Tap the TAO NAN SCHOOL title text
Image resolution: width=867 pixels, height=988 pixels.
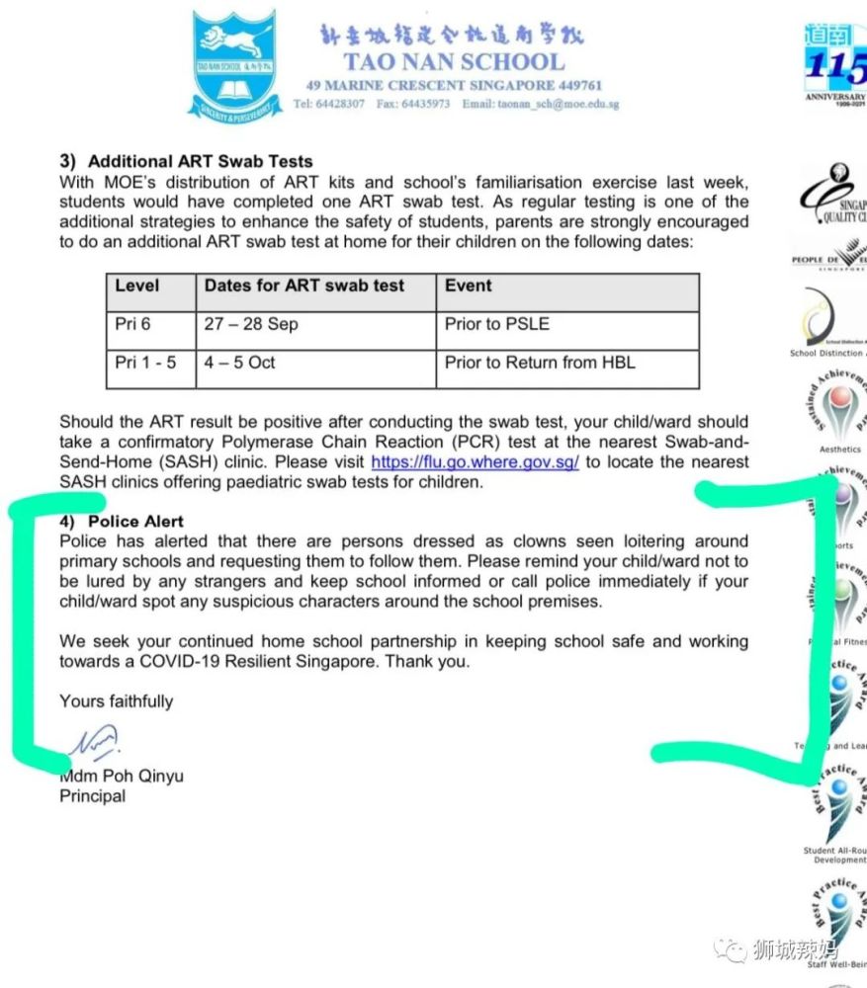click(x=454, y=61)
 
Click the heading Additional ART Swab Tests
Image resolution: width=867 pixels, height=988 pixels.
click(x=200, y=161)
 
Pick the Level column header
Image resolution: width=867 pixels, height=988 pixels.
click(x=137, y=286)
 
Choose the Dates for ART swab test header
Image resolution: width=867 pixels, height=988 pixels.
click(x=304, y=286)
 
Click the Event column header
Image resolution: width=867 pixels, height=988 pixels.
click(x=469, y=286)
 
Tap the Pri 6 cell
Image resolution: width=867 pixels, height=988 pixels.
click(x=135, y=324)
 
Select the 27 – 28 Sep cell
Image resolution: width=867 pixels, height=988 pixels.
click(x=251, y=324)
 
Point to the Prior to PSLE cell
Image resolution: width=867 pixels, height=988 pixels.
click(x=497, y=324)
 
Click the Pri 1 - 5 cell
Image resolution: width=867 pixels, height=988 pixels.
click(x=145, y=363)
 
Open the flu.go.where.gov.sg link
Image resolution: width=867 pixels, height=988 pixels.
click(x=475, y=462)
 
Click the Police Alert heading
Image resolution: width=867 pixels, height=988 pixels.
click(x=135, y=521)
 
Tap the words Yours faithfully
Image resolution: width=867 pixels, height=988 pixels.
click(x=116, y=700)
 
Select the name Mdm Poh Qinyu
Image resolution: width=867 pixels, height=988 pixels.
click(x=122, y=776)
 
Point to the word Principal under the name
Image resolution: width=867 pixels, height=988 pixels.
click(x=93, y=795)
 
